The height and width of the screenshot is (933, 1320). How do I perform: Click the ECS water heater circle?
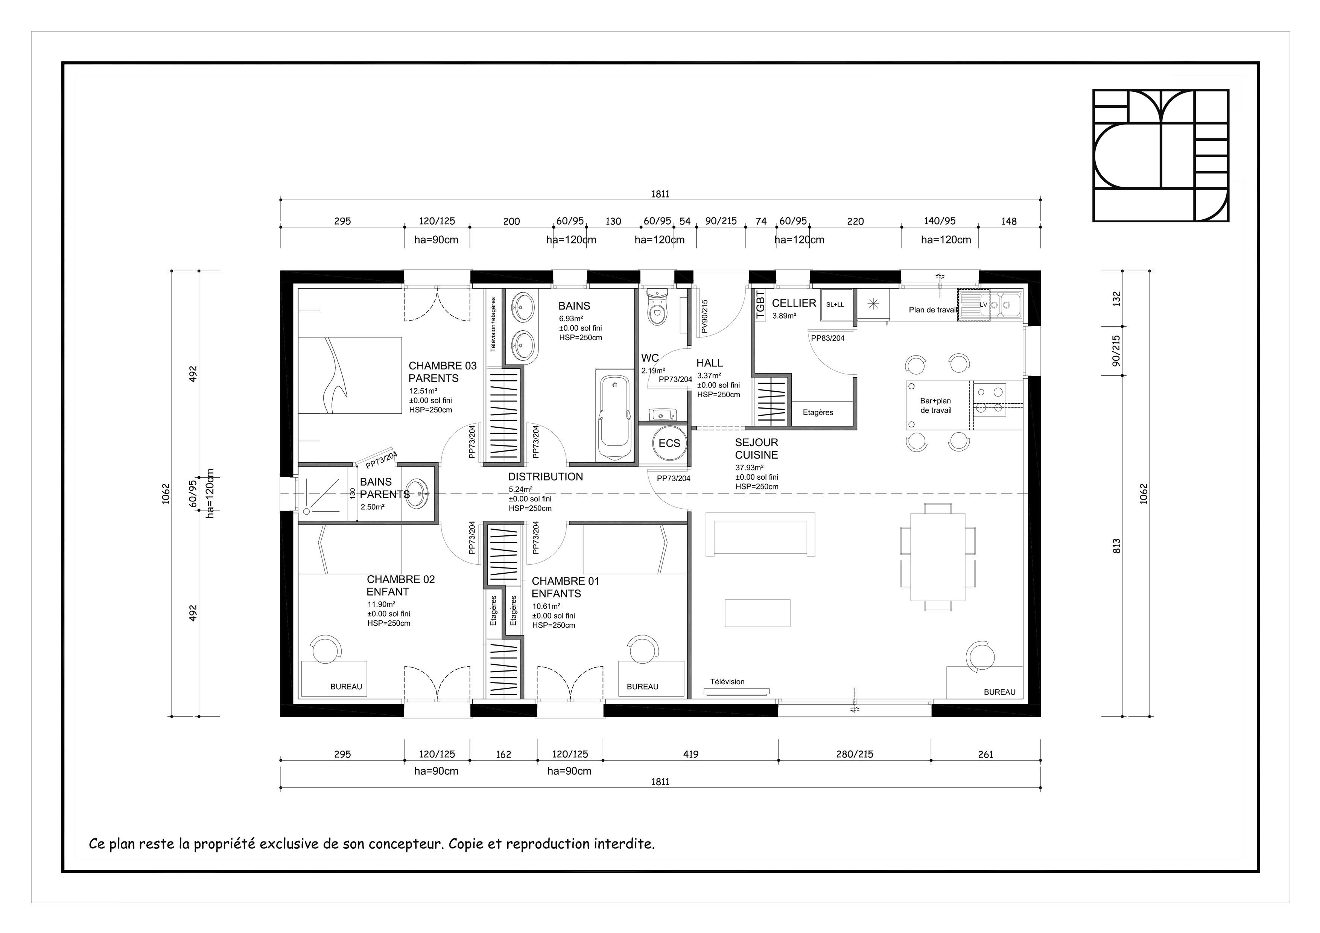[x=669, y=443]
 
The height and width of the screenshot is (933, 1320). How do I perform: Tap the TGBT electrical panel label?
[x=760, y=305]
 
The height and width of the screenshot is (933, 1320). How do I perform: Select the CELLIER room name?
[x=794, y=303]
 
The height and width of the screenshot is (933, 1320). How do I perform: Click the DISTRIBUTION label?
[x=545, y=477]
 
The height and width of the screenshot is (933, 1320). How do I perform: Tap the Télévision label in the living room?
[x=727, y=682]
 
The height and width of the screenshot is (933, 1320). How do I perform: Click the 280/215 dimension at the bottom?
[x=854, y=754]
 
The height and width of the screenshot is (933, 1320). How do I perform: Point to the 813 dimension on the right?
[x=1116, y=546]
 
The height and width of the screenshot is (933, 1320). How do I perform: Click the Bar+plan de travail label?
[x=935, y=405]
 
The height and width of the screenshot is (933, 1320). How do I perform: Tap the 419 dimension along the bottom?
[x=690, y=754]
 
